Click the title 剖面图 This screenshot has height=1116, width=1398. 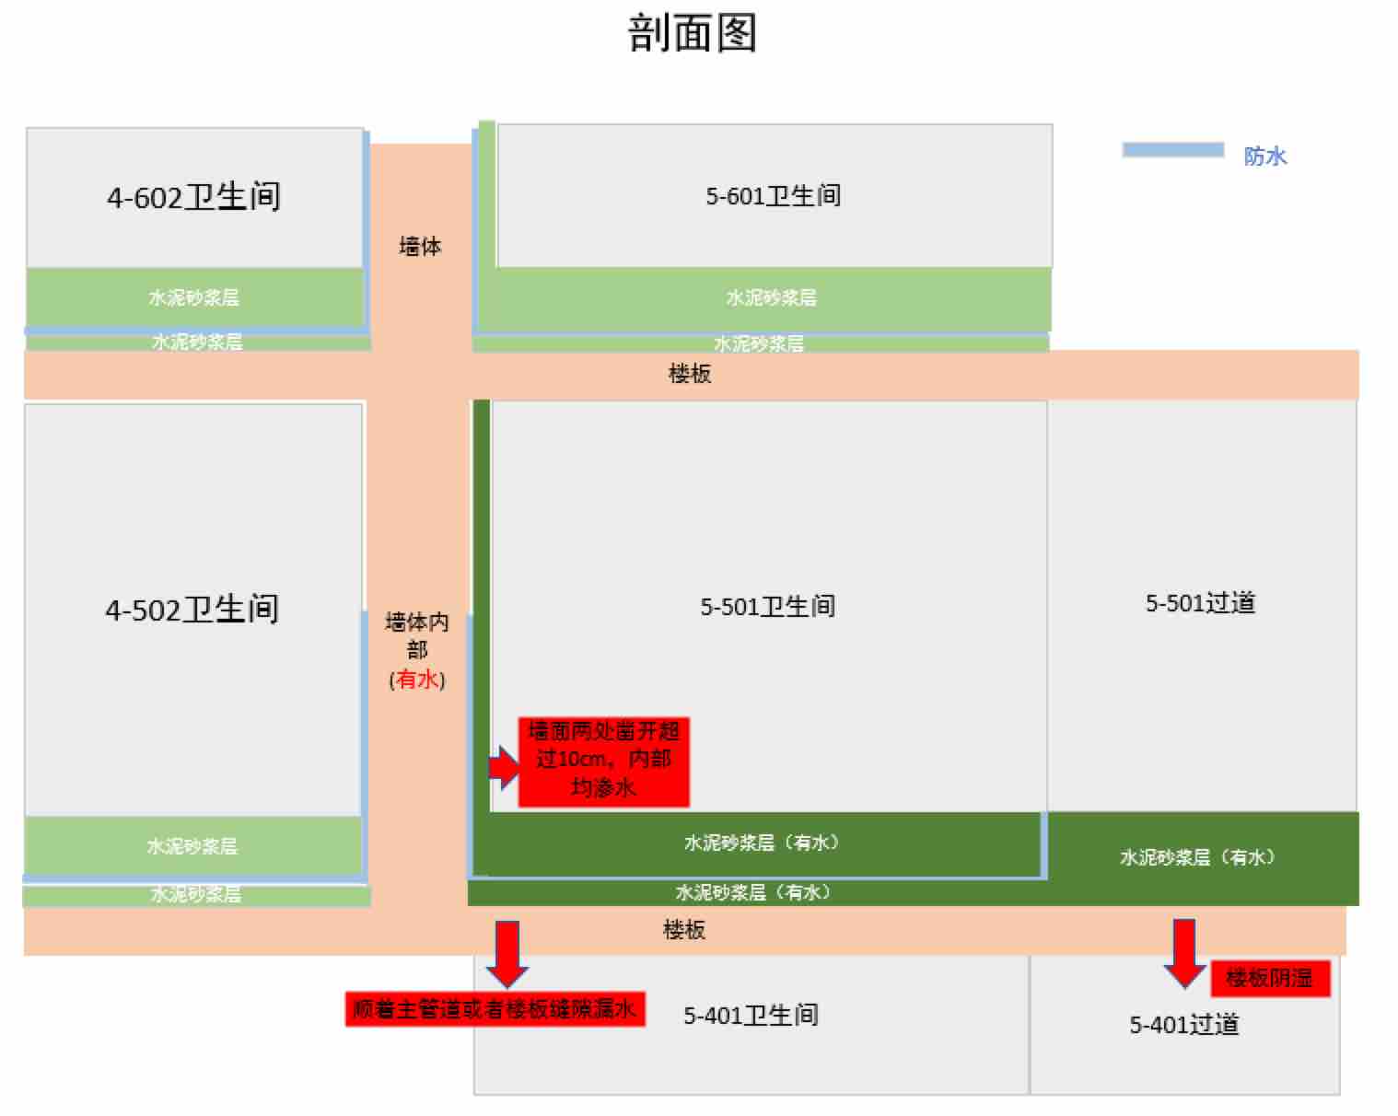692,33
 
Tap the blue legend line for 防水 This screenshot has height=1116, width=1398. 1172,150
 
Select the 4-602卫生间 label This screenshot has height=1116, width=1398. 193,197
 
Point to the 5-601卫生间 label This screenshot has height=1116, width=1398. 773,195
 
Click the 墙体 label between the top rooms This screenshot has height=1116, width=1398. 420,246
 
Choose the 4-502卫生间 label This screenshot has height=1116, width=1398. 192,609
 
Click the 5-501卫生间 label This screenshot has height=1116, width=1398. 767,606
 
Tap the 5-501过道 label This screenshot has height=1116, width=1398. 1200,603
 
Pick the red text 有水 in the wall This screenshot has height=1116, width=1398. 417,680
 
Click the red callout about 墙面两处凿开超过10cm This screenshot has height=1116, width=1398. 603,761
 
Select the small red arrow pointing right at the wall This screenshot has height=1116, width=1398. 503,766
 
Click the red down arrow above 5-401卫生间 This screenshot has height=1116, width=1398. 507,952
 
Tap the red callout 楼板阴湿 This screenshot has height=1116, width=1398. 1269,978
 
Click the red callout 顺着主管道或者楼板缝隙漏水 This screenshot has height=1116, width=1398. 495,1009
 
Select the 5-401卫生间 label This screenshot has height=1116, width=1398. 751,1015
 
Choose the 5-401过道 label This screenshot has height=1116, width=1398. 1184,1024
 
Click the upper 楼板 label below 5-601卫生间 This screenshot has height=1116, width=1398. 689,373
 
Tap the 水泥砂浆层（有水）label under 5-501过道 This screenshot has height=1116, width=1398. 1197,857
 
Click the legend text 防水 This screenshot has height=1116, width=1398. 1264,156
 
